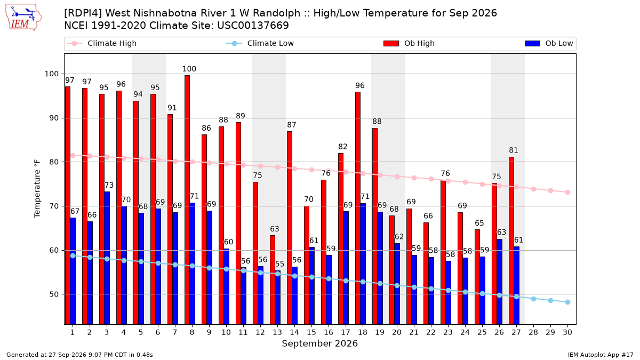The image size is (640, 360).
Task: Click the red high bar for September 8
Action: [x=187, y=199]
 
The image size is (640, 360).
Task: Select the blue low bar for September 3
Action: [x=107, y=258]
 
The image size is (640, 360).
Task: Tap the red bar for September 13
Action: [x=273, y=279]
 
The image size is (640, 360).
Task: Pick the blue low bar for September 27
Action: [x=517, y=285]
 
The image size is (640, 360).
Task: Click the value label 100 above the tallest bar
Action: [x=189, y=69]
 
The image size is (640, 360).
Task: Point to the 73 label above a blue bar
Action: [x=109, y=185]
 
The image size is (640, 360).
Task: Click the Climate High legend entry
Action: [x=102, y=43]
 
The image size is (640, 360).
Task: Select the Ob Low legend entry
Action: [x=549, y=43]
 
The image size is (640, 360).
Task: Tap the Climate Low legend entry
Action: [x=260, y=43]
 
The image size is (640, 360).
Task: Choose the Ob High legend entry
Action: [x=409, y=43]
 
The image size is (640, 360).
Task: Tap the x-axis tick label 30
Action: [x=567, y=332]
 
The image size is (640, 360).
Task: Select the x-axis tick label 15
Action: [x=311, y=332]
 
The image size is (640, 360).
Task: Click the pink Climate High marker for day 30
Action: [x=567, y=193]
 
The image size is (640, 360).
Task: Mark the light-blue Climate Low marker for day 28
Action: [x=533, y=299]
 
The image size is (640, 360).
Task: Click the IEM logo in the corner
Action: [x=23, y=18]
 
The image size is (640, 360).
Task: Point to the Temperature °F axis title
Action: [x=37, y=189]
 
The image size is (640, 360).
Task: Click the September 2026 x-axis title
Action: [x=319, y=343]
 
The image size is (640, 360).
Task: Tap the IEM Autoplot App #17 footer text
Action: [x=601, y=355]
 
